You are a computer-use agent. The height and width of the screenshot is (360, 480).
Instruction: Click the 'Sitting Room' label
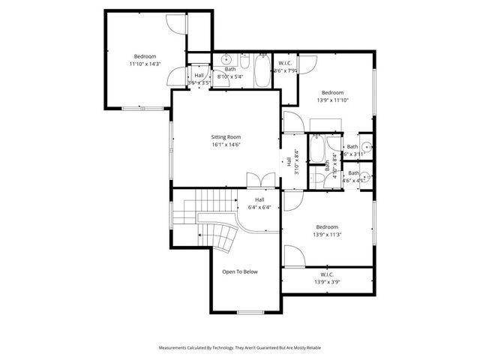click(225, 137)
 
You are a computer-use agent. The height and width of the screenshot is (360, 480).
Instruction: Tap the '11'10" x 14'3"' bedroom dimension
click(145, 64)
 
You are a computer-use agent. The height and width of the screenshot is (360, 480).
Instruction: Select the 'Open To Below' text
click(240, 271)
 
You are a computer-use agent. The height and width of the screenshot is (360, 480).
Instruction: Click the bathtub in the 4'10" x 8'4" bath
click(318, 148)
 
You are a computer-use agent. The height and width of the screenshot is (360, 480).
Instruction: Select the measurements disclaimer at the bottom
click(240, 348)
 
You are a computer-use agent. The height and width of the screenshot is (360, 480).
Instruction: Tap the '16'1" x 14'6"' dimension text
click(225, 145)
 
